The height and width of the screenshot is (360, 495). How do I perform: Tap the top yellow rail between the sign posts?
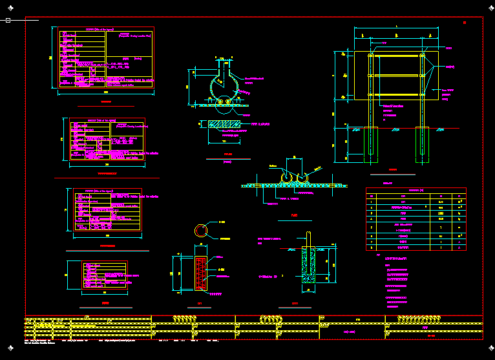[x=396, y=56]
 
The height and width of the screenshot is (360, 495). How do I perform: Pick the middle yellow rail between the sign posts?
[x=396, y=76]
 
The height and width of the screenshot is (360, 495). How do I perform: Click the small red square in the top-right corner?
[x=465, y=23]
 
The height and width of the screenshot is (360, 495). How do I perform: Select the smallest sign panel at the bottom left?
[x=104, y=275]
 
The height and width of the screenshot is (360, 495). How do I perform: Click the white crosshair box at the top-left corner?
[x=8, y=21]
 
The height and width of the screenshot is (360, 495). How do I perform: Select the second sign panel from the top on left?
[x=108, y=138]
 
